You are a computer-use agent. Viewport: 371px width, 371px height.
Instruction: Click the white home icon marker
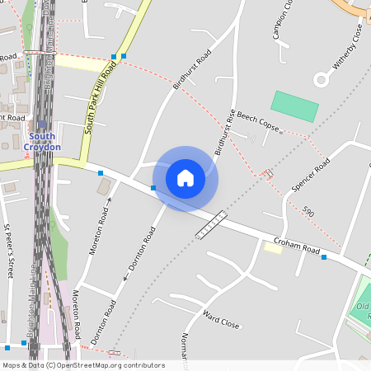click(x=185, y=177)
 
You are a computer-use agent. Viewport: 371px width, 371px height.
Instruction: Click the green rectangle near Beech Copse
click(x=294, y=106)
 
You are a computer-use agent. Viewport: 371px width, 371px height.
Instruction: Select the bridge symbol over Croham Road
click(x=210, y=225)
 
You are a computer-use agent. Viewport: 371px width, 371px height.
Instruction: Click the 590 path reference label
click(x=308, y=212)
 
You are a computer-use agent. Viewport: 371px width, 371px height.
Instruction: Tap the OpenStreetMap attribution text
click(x=82, y=365)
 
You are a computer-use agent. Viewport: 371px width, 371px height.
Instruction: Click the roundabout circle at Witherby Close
click(x=322, y=79)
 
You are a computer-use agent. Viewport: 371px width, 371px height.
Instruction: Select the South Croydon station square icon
click(x=43, y=124)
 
